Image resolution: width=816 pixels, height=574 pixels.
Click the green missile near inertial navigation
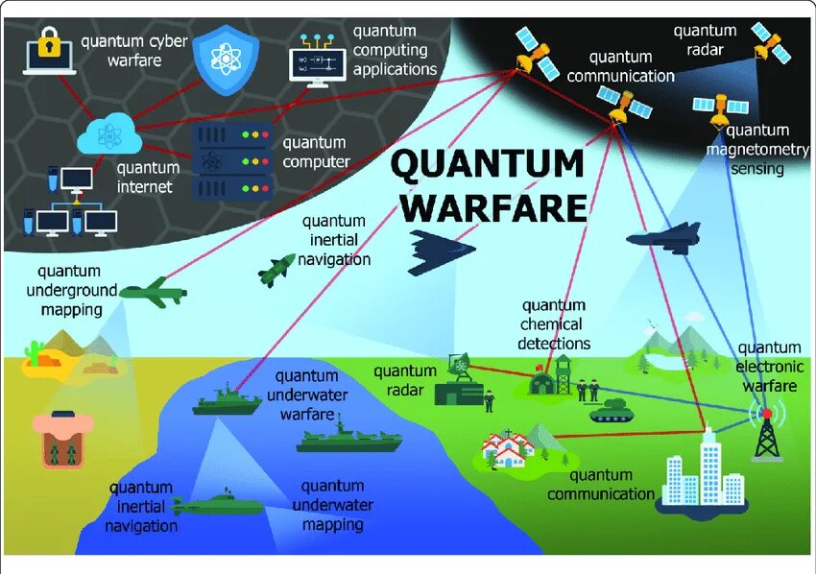[276, 270]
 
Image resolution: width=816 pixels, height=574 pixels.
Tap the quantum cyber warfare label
[133, 51]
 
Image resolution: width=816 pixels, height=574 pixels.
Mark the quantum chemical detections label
[554, 324]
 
